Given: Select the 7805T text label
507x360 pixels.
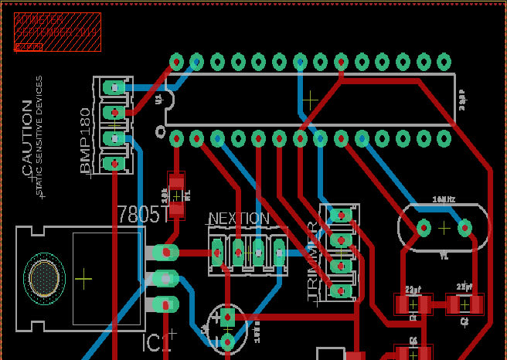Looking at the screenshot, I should (x=142, y=214).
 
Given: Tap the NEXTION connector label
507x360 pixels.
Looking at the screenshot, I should (x=239, y=219).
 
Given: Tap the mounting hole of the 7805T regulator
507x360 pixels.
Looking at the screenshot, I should (x=43, y=277).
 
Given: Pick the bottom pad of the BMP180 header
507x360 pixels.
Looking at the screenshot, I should (x=114, y=164).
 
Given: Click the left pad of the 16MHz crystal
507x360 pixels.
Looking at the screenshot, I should (x=424, y=228).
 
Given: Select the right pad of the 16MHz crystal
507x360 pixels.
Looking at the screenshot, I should (x=464, y=228).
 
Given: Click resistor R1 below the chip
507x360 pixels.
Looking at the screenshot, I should (x=177, y=195).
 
